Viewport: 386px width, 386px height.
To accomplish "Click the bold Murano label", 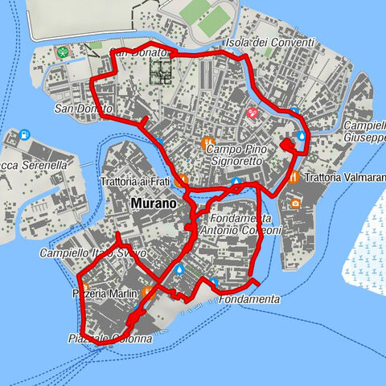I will tap(152, 204).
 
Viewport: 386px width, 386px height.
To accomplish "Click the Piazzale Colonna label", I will tap(110, 339).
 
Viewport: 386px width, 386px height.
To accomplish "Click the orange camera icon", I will tap(296, 203).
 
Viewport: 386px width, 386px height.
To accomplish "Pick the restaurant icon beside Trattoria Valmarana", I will tap(295, 176).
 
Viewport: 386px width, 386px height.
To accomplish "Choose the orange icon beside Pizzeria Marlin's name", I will tap(147, 291).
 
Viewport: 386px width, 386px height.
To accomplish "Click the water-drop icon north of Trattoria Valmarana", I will tap(302, 138).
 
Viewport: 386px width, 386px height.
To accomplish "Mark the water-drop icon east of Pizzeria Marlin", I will tap(180, 269).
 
